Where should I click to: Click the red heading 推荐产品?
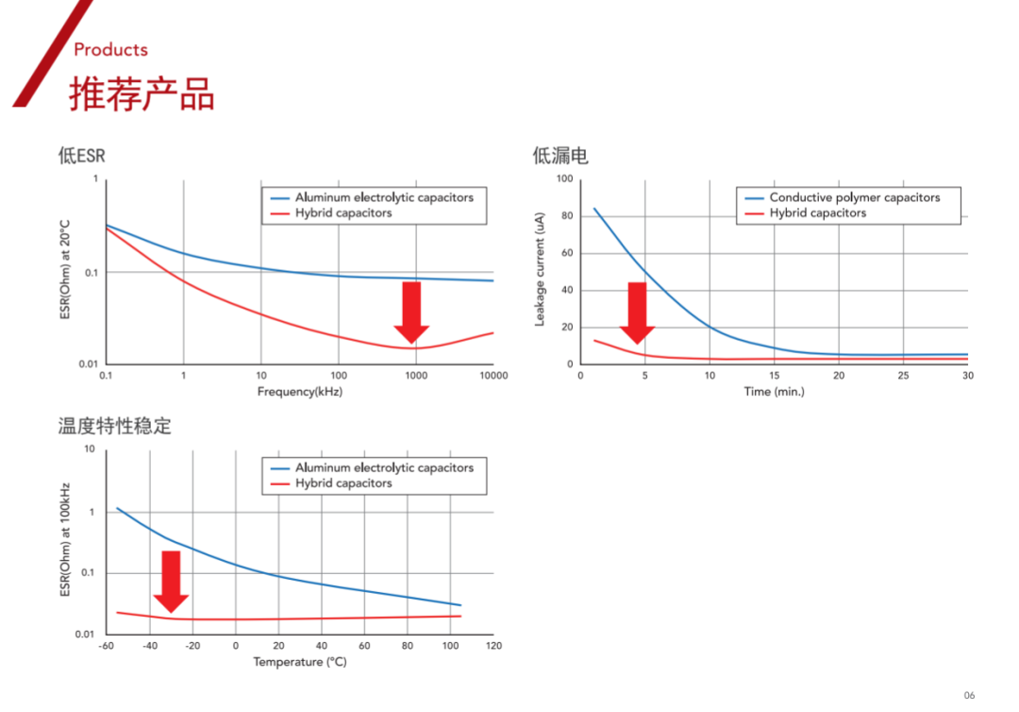point(142,94)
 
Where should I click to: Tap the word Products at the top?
point(110,50)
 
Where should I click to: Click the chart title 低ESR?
point(81,156)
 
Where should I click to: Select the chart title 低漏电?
point(560,156)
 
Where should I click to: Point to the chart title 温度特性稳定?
point(115,426)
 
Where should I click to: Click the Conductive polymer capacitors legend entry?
point(854,198)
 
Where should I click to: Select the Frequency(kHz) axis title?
point(299,391)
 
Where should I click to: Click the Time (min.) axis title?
point(774,391)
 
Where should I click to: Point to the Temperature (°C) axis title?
point(299,662)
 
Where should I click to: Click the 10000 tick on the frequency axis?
point(492,376)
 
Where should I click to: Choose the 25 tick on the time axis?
point(903,376)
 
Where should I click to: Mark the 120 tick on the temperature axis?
point(493,646)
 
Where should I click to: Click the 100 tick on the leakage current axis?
point(564,179)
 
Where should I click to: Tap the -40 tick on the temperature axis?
point(149,646)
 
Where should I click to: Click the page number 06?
point(969,695)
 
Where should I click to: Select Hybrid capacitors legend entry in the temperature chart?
point(343,483)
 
